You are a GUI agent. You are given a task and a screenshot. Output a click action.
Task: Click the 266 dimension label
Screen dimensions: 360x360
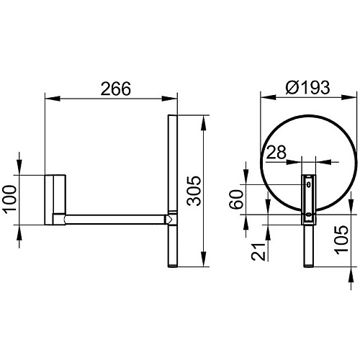pos(116,89)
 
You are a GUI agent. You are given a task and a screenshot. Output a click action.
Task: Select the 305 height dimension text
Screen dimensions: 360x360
pos(194,191)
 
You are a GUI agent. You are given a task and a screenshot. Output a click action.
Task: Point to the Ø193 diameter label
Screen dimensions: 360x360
pos(307,87)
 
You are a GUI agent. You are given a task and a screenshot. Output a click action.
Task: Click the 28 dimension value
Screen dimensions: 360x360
pos(276,152)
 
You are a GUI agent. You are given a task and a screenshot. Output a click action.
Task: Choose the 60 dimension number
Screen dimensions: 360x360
pos(236,199)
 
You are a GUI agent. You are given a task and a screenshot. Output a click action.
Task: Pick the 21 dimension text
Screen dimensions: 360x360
pos(258,252)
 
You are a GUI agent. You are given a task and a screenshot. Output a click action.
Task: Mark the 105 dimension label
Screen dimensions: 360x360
pos(341,240)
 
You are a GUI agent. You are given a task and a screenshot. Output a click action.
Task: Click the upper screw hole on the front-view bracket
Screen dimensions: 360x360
pos(309,184)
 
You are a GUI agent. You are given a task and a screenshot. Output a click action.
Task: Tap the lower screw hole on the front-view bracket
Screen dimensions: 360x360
pos(309,215)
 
